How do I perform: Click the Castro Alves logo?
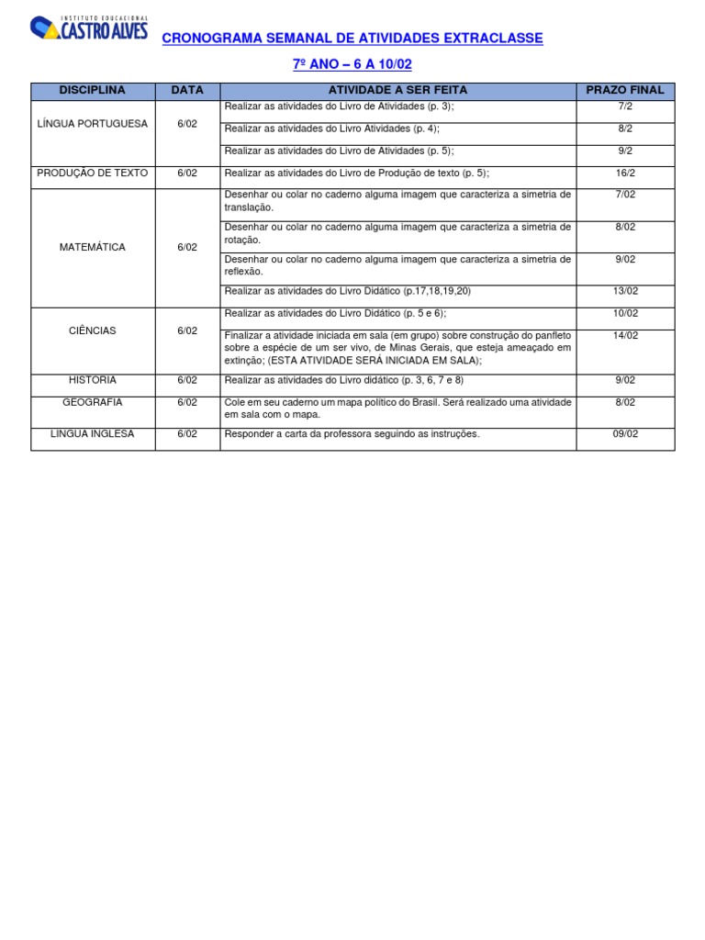[88, 28]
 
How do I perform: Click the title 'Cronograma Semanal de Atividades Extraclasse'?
[352, 39]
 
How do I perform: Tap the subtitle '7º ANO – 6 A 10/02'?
[352, 66]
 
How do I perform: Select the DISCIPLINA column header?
[93, 90]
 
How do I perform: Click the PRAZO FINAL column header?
[625, 90]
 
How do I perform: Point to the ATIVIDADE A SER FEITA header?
[397, 90]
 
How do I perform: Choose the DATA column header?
[187, 90]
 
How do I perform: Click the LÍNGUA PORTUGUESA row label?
[93, 124]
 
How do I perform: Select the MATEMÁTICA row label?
[93, 247]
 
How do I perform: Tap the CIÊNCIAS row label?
[93, 330]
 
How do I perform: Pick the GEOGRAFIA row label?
[93, 402]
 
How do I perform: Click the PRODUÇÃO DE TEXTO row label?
[93, 173]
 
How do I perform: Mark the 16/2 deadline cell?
[625, 173]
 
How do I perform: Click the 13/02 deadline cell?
[625, 291]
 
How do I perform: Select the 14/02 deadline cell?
[625, 335]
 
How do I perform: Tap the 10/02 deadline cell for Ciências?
[625, 313]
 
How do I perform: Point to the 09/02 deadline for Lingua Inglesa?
[625, 433]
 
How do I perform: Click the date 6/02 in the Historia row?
[187, 380]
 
